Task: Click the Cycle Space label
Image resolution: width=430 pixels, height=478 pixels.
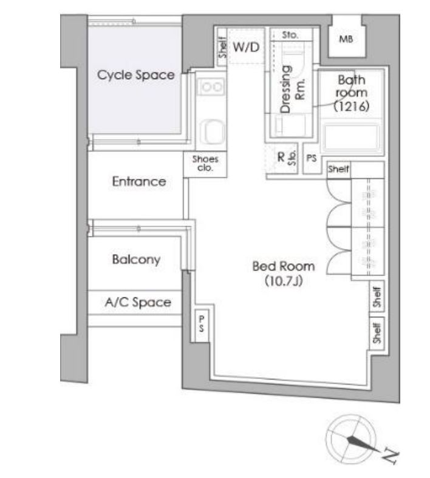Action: click(x=136, y=75)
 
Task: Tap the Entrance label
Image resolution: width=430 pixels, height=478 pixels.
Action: click(x=139, y=182)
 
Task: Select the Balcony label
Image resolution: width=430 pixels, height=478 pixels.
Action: click(x=136, y=260)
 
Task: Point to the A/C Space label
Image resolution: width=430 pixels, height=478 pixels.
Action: click(x=138, y=302)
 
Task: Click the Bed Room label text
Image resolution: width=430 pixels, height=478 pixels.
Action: click(x=284, y=266)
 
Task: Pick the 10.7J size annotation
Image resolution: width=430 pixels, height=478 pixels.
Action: click(x=284, y=281)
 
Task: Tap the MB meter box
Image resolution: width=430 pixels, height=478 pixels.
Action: click(x=346, y=40)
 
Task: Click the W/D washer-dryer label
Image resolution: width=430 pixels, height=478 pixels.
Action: click(x=247, y=47)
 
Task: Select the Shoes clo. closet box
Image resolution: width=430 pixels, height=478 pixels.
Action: click(x=205, y=164)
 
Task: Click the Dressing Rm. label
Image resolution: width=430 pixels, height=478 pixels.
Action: click(x=292, y=89)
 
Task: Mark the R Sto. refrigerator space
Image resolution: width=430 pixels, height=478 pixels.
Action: click(x=282, y=159)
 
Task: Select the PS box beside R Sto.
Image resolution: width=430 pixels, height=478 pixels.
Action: click(x=311, y=158)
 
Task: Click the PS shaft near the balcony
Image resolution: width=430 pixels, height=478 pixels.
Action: click(x=201, y=324)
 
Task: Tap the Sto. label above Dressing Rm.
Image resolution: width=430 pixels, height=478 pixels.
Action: click(x=290, y=35)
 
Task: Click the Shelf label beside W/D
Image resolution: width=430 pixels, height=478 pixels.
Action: click(x=223, y=47)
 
